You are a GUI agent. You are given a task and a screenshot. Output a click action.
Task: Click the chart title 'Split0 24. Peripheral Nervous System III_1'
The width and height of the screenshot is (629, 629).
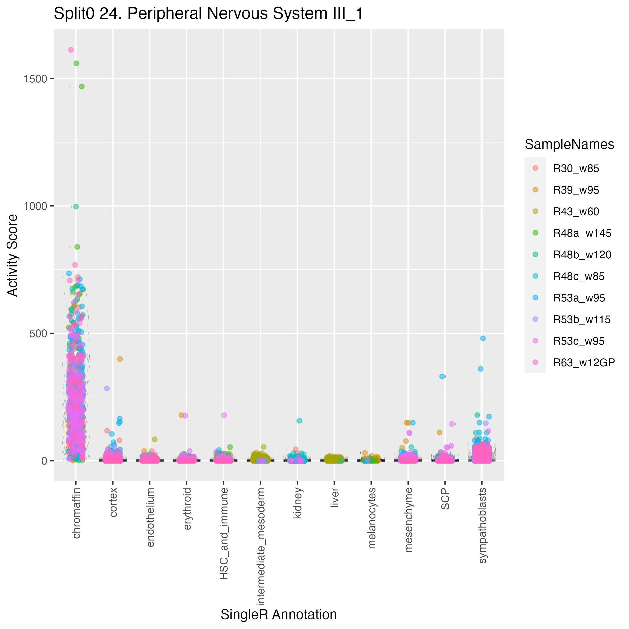(208, 14)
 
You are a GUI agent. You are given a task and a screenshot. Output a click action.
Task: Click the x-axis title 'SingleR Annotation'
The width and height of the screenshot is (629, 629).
(279, 615)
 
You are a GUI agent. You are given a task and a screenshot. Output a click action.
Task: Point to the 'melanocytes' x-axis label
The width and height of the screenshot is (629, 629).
(372, 518)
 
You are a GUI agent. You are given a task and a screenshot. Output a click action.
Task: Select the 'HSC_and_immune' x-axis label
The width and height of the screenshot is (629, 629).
(224, 534)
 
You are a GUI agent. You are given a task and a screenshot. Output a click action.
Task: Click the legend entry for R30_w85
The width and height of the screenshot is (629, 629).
(576, 169)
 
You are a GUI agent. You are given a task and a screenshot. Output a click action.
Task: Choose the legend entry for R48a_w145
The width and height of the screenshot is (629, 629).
(582, 233)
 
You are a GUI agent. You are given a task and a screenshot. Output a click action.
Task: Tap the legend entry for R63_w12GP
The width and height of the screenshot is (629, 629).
(584, 363)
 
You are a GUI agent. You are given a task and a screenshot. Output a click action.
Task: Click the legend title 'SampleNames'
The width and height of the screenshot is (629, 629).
(569, 144)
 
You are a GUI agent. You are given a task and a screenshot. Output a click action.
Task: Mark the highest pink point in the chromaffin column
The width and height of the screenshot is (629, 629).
(71, 50)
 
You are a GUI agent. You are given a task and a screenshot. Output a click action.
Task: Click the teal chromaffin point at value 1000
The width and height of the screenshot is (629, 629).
(76, 206)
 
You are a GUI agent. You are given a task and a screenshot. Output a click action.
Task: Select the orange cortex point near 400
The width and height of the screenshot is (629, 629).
(120, 359)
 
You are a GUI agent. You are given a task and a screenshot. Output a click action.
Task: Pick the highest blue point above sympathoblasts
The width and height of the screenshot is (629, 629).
(483, 338)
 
